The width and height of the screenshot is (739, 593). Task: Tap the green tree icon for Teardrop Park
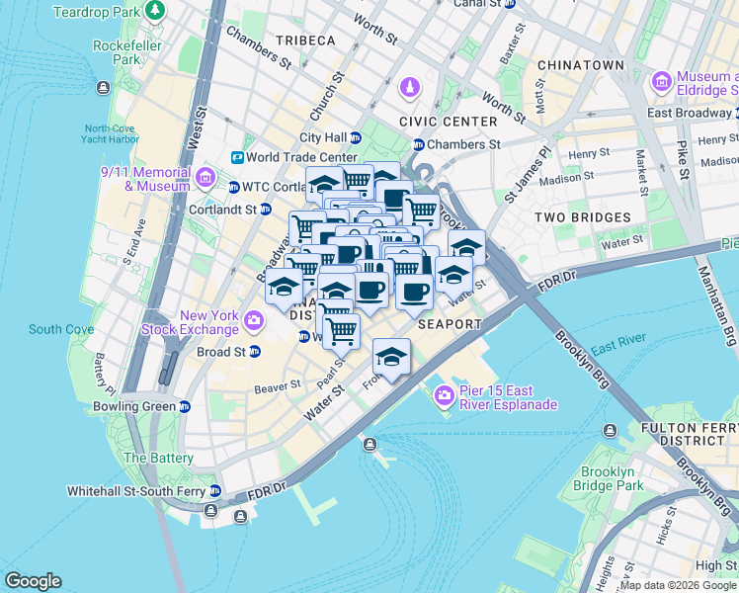[154, 11]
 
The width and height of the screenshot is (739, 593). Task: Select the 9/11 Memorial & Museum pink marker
[205, 178]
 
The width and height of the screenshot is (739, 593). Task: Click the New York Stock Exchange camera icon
[255, 320]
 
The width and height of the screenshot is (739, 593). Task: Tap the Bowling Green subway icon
[185, 407]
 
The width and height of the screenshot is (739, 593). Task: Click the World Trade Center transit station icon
[237, 157]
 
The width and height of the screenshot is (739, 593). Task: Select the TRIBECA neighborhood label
[305, 41]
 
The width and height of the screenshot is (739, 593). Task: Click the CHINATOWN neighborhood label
[580, 65]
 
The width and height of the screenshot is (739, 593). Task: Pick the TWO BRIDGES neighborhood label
[582, 216]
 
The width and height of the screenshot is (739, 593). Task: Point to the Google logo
[33, 581]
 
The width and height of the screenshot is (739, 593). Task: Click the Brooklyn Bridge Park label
[613, 478]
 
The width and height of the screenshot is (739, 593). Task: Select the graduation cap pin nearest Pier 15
[392, 357]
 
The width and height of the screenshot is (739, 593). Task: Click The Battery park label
[158, 458]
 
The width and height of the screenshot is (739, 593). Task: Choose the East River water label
[617, 344]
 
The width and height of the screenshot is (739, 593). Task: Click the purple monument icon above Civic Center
[408, 89]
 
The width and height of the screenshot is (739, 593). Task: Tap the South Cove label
[60, 329]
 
